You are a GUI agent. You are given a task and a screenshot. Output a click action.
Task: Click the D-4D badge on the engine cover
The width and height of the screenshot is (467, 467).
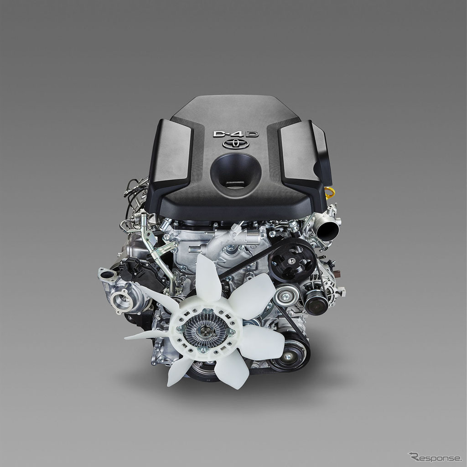236,134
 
